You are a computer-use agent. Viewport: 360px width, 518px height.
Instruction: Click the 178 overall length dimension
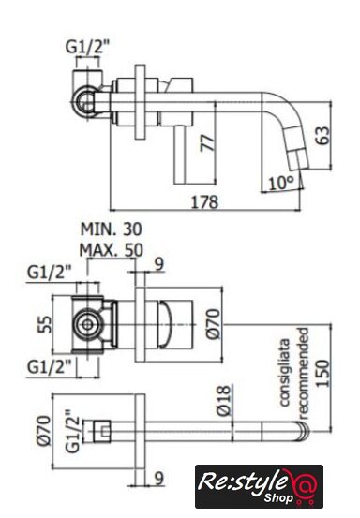click(x=205, y=201)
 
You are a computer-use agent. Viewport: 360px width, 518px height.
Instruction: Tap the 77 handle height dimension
click(x=207, y=142)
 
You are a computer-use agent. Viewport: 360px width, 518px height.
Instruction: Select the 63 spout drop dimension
click(x=322, y=135)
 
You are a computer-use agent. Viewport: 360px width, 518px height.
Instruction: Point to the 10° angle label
click(x=281, y=183)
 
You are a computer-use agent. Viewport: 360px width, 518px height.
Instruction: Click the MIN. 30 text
click(x=112, y=229)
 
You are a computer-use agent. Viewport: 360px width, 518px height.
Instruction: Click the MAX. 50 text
click(x=112, y=250)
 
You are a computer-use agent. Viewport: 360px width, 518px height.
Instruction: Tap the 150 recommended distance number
click(x=323, y=373)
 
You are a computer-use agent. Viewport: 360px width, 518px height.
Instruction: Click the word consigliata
click(x=285, y=372)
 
